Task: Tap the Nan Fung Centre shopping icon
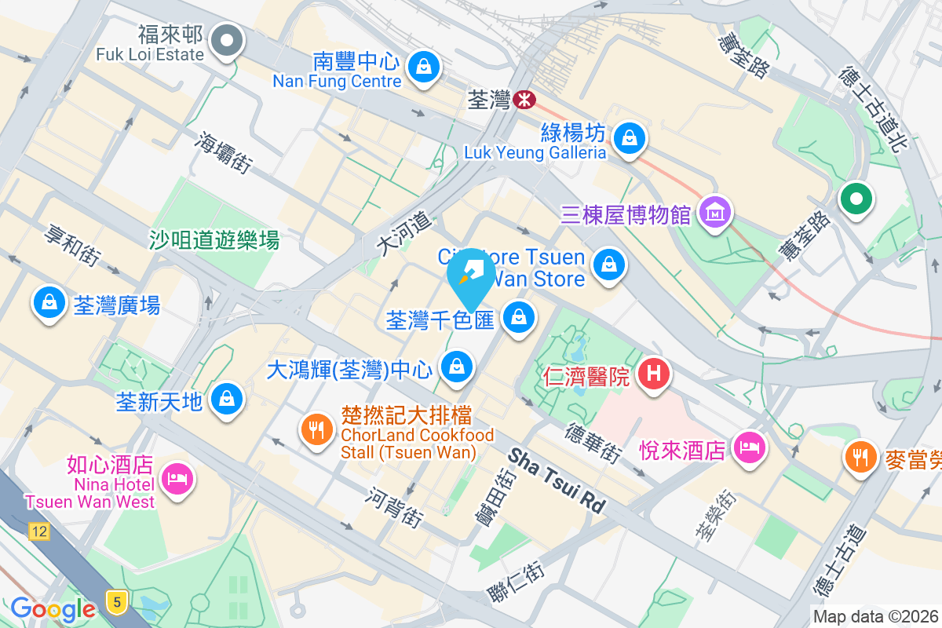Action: point(424,65)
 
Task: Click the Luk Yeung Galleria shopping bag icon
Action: point(629,139)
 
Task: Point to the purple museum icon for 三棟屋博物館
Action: point(715,212)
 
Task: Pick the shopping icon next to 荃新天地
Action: point(227,399)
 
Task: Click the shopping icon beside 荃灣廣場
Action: point(49,303)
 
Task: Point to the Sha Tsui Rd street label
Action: point(558,480)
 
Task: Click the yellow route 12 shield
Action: point(39,531)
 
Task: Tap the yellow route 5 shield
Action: point(117,602)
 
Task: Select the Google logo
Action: point(53,608)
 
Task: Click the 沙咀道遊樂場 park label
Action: point(214,239)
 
